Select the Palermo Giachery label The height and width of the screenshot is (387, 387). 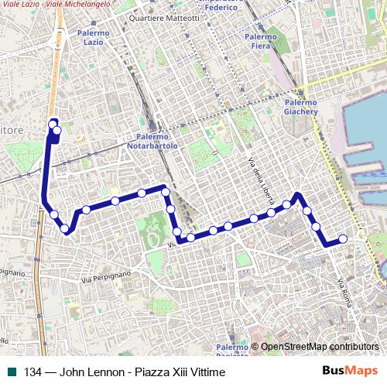point(301,107)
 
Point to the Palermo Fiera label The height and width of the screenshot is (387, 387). point(260,41)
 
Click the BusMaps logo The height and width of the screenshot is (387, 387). point(349,372)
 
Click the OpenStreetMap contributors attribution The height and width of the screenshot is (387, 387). point(319,347)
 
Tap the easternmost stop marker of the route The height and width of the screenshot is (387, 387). point(343,240)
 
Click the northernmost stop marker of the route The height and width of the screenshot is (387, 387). point(53,123)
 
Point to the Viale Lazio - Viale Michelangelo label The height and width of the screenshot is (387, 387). point(54,5)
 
